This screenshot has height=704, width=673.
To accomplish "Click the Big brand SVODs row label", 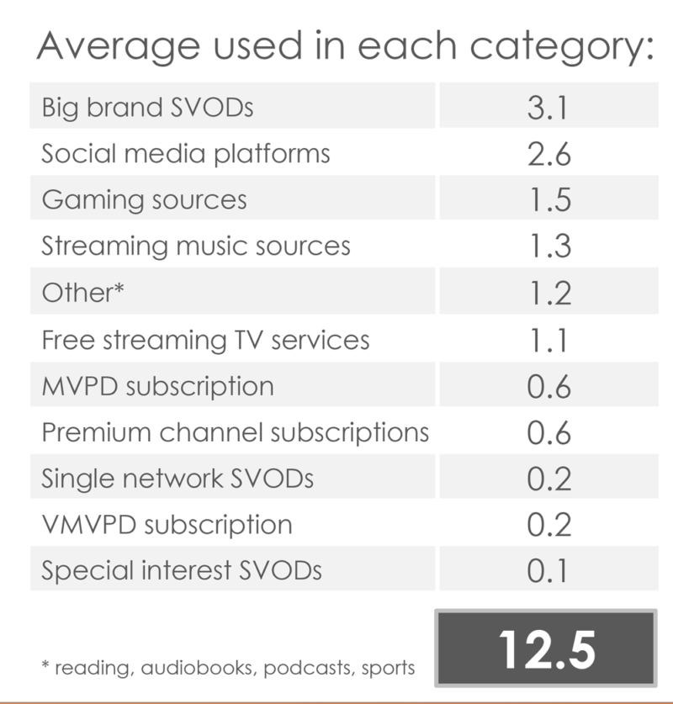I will point(147,108).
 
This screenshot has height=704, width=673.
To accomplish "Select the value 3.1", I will point(548,108).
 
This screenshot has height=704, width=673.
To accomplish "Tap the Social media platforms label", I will point(185,154).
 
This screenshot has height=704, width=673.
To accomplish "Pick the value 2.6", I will point(548,154).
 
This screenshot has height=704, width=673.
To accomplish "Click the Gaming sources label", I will point(144,200).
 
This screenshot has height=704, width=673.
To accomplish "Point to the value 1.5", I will point(548,200).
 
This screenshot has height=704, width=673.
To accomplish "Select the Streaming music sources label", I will point(195,246).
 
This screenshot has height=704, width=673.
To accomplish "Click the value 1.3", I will point(548,246).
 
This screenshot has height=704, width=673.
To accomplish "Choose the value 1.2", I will point(548,293).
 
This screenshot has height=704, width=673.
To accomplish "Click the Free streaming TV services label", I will point(205,340).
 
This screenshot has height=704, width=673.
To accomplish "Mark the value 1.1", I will point(548,340).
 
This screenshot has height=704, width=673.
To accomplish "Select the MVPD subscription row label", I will point(157,386).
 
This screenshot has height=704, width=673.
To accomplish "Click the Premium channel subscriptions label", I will point(235,432).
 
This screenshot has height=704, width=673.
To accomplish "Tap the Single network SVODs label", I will point(177,479).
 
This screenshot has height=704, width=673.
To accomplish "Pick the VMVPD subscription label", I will point(167,525).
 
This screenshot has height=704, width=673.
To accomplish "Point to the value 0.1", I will point(548,571).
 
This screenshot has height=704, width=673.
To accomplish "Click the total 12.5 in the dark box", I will point(546,648).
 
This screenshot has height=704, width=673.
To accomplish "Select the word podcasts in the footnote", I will point(310,669).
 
